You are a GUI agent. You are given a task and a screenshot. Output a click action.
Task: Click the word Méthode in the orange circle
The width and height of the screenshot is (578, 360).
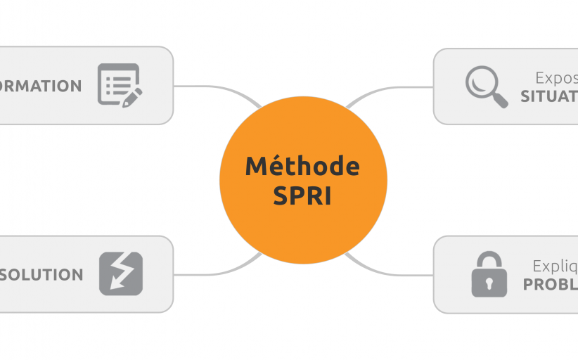click(x=302, y=167)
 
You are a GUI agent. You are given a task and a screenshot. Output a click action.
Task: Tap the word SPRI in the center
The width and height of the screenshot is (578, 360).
click(x=302, y=196)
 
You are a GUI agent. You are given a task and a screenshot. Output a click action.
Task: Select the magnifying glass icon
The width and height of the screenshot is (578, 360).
click(x=486, y=86)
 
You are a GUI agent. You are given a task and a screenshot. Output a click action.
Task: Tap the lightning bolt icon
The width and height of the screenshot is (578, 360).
click(x=120, y=274)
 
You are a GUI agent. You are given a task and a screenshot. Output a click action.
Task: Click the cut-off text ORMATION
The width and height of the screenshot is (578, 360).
click(x=41, y=86)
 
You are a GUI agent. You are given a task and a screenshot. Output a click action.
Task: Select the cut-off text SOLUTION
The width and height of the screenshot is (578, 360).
click(x=42, y=274)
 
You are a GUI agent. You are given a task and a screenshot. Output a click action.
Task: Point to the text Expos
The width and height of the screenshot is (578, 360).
click(x=556, y=78)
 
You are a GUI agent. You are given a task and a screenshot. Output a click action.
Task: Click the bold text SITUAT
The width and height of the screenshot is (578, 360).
click(x=549, y=97)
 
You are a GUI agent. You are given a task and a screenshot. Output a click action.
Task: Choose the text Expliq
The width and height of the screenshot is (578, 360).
click(x=555, y=266)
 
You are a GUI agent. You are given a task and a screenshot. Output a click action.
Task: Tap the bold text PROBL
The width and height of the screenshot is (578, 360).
click(x=551, y=284)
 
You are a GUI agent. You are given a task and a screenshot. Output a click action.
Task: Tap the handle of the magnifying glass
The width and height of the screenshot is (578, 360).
click(x=500, y=100)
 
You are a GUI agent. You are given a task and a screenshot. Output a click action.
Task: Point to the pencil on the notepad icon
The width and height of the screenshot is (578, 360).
click(x=131, y=97)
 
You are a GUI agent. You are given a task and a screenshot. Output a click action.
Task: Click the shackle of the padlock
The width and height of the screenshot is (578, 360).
click(x=489, y=259)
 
